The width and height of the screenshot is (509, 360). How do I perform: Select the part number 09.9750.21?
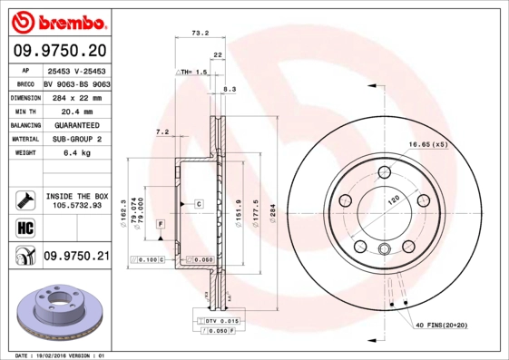click(x=76, y=258)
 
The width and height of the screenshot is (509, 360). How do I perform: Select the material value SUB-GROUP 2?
click(x=75, y=139)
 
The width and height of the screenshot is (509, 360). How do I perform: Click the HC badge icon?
click(x=24, y=226)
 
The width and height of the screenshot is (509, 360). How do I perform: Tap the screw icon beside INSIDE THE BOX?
click(x=24, y=199)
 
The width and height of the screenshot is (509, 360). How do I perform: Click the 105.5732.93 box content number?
click(x=77, y=205)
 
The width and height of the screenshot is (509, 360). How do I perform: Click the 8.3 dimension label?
click(x=230, y=89)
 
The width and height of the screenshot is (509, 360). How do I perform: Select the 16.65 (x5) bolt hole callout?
click(x=428, y=144)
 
